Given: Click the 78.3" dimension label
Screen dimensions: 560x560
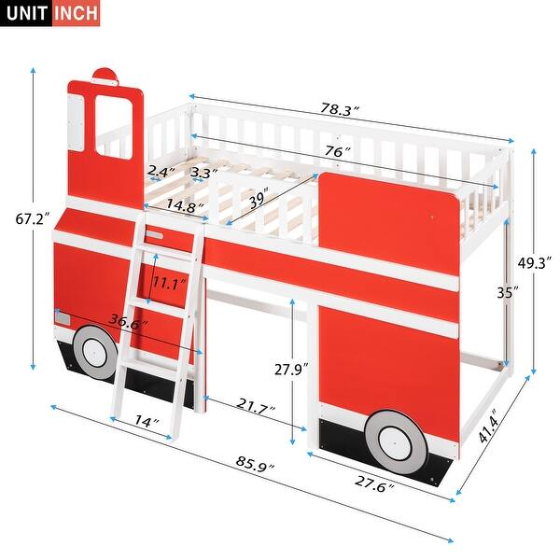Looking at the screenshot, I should point(340,110).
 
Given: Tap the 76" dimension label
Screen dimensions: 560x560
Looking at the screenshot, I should point(336,152).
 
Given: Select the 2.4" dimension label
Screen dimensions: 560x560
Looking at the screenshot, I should point(159,172).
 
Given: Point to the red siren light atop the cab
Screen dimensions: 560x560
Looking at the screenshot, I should point(106,74).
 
